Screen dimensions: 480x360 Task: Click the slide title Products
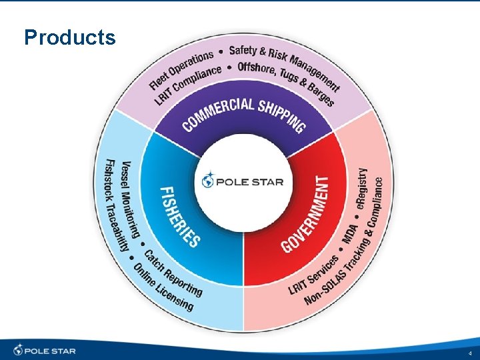pyautogui.click(x=69, y=37)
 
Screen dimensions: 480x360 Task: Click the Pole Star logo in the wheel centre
pyautogui.click(x=243, y=181)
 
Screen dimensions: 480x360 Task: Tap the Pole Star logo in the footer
pyautogui.click(x=45, y=350)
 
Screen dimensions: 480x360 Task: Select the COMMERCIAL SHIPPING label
pyautogui.click(x=244, y=114)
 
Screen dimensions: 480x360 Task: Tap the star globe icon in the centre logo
pyautogui.click(x=209, y=180)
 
